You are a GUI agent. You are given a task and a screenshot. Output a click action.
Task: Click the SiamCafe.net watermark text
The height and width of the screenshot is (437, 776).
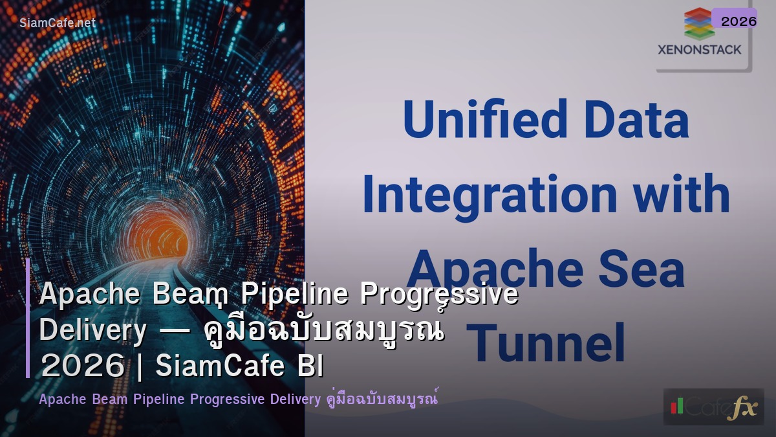58,23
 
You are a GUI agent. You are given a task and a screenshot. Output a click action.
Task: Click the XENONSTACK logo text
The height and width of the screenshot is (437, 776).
699,49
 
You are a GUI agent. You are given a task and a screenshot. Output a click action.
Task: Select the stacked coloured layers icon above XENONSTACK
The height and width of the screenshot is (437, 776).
698,24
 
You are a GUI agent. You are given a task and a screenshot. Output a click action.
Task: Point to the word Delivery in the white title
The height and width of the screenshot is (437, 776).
93,330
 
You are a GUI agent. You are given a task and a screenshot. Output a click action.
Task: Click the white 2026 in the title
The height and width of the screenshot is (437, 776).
81,366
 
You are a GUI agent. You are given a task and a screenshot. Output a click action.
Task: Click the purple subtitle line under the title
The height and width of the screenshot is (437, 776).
239,399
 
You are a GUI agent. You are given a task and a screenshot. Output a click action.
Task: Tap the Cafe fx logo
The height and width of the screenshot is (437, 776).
713,407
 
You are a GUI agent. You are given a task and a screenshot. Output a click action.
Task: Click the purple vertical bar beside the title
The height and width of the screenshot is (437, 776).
28,317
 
